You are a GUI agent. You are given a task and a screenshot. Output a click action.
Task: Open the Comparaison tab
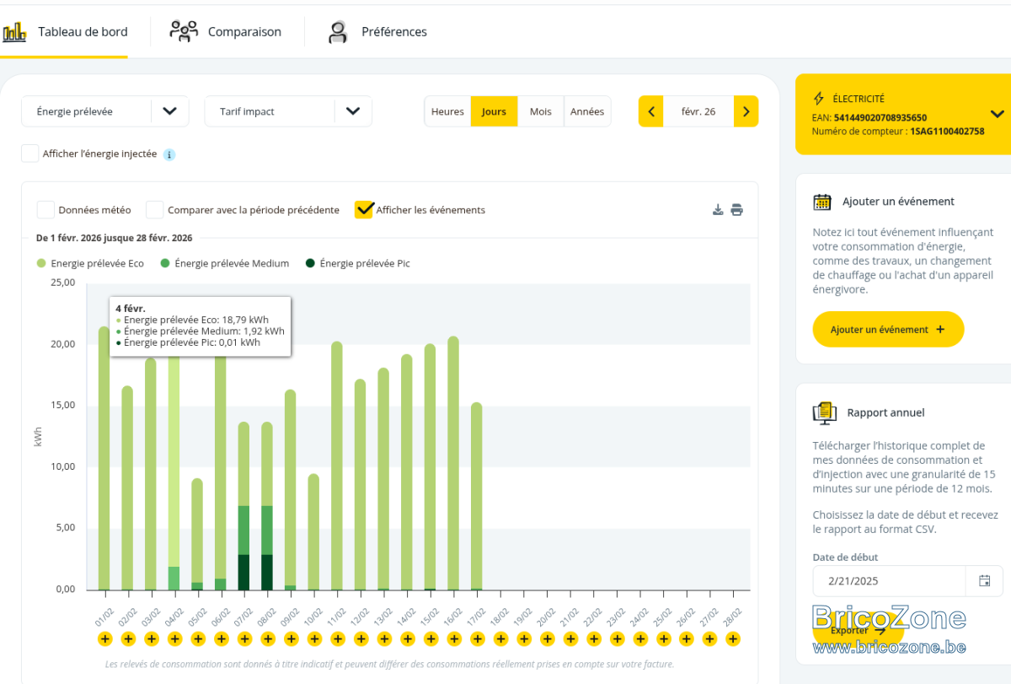click(x=226, y=31)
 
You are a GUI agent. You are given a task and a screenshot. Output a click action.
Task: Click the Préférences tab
click(x=377, y=31)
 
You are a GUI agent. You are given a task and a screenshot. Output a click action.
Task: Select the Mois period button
click(x=540, y=111)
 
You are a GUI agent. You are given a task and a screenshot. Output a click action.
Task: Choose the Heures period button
click(x=447, y=111)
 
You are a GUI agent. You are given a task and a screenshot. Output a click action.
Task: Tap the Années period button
click(x=586, y=111)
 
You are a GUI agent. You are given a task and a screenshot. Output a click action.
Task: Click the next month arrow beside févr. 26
click(x=746, y=111)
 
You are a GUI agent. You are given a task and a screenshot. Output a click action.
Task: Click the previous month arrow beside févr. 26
click(x=650, y=111)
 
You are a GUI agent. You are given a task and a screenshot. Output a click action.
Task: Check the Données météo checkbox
click(x=45, y=210)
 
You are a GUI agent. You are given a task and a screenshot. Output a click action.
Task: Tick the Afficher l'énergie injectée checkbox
click(x=29, y=153)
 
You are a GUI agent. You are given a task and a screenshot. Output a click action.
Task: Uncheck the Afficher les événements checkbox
click(x=364, y=210)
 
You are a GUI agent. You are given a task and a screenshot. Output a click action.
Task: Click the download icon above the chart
click(x=718, y=210)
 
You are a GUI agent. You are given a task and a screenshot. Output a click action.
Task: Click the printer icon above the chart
click(x=736, y=210)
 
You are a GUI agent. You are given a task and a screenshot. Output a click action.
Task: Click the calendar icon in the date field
click(x=984, y=580)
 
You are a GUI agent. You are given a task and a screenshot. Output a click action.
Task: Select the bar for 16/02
click(x=453, y=463)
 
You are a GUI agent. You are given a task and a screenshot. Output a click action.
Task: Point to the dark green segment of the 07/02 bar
click(x=243, y=572)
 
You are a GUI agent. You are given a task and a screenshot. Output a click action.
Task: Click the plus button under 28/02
click(x=733, y=638)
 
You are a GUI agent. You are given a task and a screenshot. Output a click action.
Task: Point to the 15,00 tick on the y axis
click(x=62, y=405)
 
